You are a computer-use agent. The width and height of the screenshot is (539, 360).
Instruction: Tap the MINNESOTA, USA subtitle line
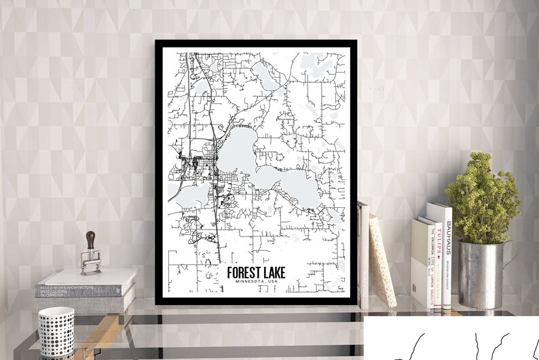[257, 282]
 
